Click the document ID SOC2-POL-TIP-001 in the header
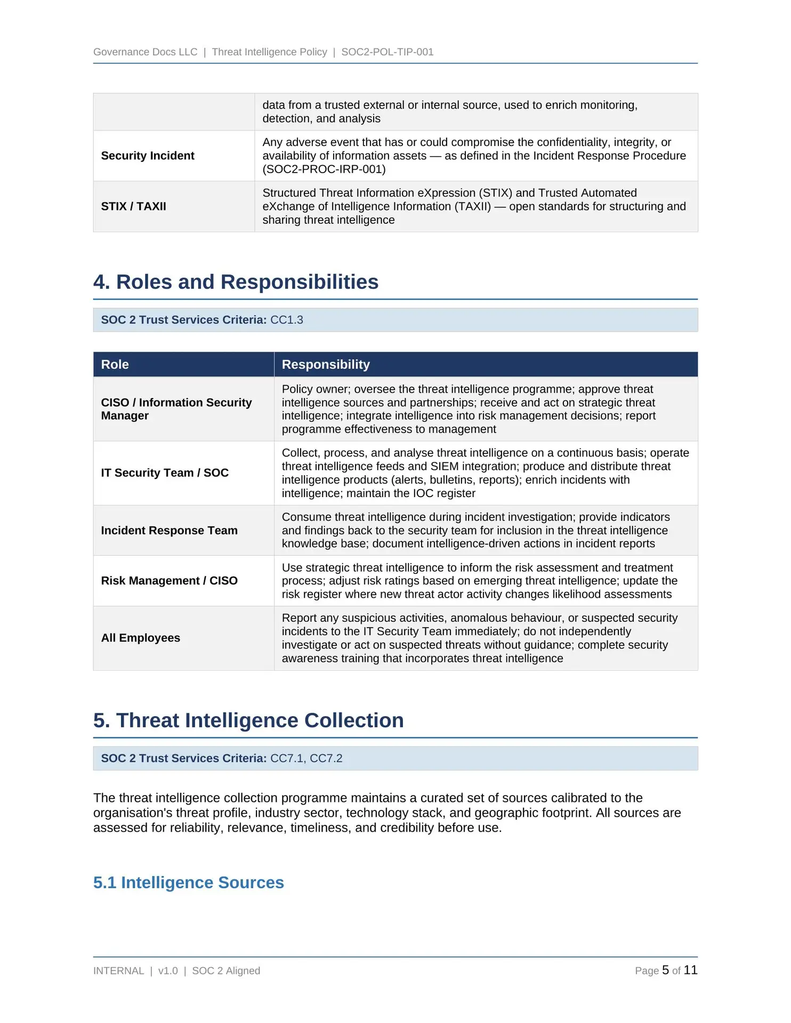[x=387, y=52]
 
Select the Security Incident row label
[x=148, y=156]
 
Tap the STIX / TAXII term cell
[x=134, y=206]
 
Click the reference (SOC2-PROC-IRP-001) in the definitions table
[x=324, y=169]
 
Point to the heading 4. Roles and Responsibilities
[x=236, y=282]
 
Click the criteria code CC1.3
[x=287, y=320]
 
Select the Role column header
[x=115, y=364]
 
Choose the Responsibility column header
[x=326, y=364]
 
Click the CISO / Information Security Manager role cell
[x=176, y=409]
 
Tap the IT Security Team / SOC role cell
[x=165, y=473]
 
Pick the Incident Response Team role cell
[x=170, y=530]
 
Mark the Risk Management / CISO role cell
[x=170, y=581]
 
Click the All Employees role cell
[x=141, y=638]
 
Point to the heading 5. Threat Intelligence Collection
[x=248, y=720]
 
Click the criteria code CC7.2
[x=326, y=758]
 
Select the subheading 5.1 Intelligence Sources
[x=189, y=882]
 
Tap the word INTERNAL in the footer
[x=118, y=971]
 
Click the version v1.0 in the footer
[x=168, y=971]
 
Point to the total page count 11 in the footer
[x=690, y=970]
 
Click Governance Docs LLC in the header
[x=145, y=52]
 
